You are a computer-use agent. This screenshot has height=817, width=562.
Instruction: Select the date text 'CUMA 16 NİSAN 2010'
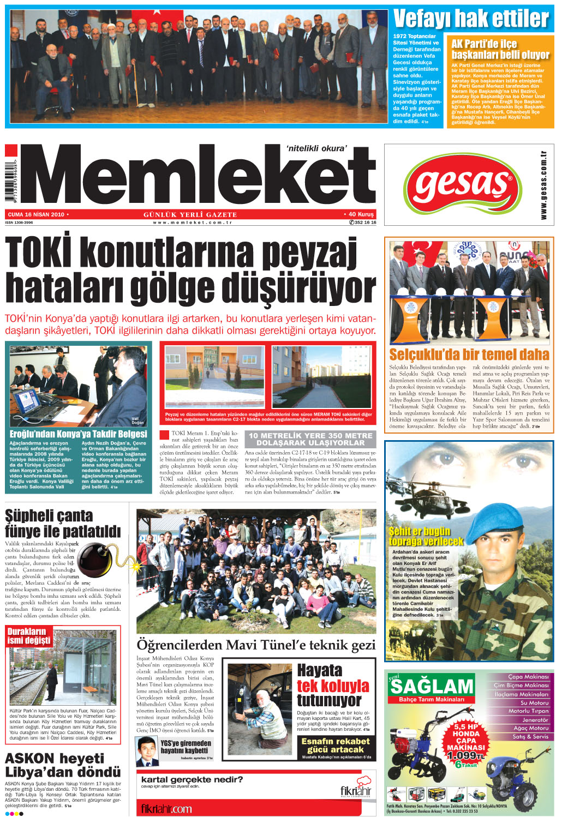[x=36, y=214]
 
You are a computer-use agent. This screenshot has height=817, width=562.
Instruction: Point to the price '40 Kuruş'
[x=361, y=214]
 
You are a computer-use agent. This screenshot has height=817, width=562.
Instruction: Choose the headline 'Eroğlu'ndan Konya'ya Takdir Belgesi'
[x=79, y=434]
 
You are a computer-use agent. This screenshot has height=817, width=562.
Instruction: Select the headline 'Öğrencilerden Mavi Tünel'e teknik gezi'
[x=256, y=645]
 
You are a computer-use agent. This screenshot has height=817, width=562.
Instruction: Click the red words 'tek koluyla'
[x=333, y=686]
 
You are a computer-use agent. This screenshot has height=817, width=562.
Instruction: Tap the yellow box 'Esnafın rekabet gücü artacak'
[x=336, y=745]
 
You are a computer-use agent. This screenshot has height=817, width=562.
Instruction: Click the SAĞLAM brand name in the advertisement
[x=432, y=686]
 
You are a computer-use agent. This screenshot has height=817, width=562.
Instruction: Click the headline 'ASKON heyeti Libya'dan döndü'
[x=63, y=765]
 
